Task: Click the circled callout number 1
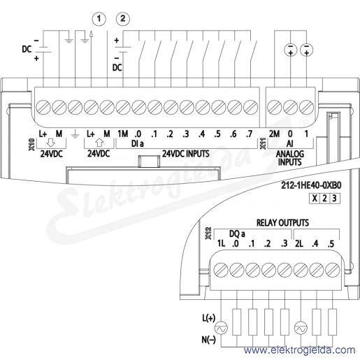pyautogui.click(x=99, y=19)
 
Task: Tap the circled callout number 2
pyautogui.click(x=123, y=19)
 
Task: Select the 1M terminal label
pyautogui.click(x=123, y=134)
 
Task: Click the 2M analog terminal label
pyautogui.click(x=274, y=134)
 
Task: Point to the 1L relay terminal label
pyautogui.click(x=221, y=244)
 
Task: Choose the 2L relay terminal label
pyautogui.click(x=299, y=244)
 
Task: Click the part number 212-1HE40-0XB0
pyautogui.click(x=311, y=185)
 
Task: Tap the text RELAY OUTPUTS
pyautogui.click(x=282, y=223)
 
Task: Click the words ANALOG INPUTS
pyautogui.click(x=290, y=158)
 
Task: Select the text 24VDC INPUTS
pyautogui.click(x=186, y=154)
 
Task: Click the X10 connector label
pyautogui.click(x=32, y=145)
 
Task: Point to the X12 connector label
pyautogui.click(x=208, y=233)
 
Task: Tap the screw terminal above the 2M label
pyautogui.click(x=274, y=108)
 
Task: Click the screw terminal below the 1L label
pyautogui.click(x=221, y=270)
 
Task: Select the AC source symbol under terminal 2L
pyautogui.click(x=301, y=329)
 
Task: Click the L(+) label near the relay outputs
pyautogui.click(x=208, y=318)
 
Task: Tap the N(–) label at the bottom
pyautogui.click(x=208, y=340)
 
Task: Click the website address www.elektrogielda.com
pyautogui.click(x=299, y=350)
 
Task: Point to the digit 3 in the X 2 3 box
pyautogui.click(x=334, y=199)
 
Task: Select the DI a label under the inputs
pyautogui.click(x=138, y=144)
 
